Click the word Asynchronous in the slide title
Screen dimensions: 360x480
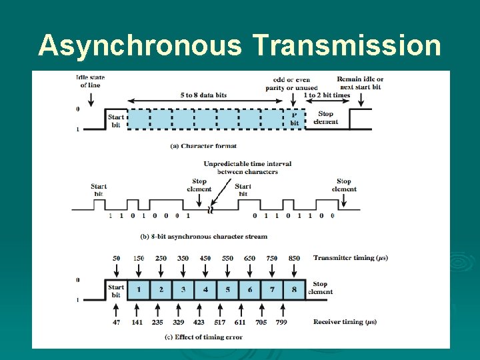[x=141, y=46]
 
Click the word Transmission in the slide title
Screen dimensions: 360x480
[x=347, y=46]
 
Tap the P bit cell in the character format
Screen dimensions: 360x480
[x=294, y=119]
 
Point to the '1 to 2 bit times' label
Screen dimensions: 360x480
[x=327, y=95]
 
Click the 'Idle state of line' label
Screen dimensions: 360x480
[x=91, y=81]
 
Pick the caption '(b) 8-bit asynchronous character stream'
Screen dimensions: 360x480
[x=203, y=236]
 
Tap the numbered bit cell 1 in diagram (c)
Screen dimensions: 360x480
[x=139, y=290]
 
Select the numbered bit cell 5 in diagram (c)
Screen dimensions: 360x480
[x=227, y=290]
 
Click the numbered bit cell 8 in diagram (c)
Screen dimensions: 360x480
[x=294, y=290]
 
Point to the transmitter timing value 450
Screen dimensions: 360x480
[x=205, y=258]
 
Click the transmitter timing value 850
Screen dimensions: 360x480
[x=294, y=258]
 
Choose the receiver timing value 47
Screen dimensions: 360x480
[x=117, y=322]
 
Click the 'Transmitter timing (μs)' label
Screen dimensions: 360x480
[x=350, y=258]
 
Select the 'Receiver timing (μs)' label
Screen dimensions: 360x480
[x=345, y=322]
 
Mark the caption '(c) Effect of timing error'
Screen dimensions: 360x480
[x=203, y=337]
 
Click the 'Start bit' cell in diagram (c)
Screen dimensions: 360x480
[x=116, y=291]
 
